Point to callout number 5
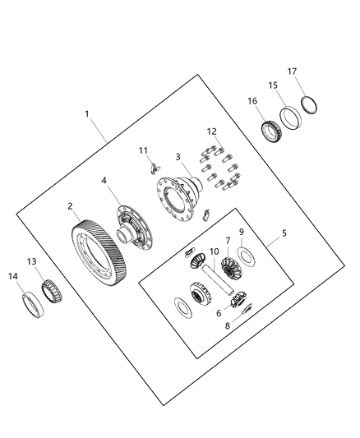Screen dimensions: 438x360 point(284,233)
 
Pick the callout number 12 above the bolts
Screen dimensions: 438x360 point(218,313)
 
